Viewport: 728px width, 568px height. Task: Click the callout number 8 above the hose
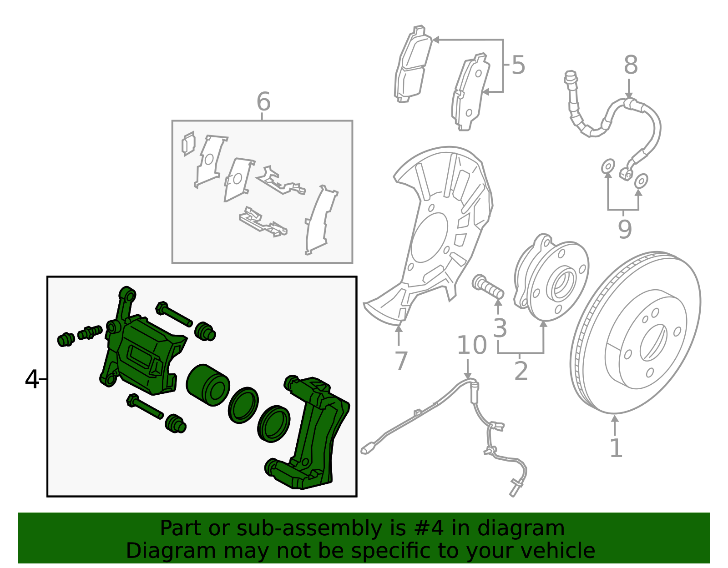pyautogui.click(x=630, y=65)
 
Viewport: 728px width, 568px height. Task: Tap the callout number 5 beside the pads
pyautogui.click(x=518, y=65)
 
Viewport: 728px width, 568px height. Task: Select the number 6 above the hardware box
pyautogui.click(x=263, y=101)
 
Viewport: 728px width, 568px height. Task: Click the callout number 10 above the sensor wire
pyautogui.click(x=471, y=345)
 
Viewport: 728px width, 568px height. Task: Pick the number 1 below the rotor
pyautogui.click(x=616, y=448)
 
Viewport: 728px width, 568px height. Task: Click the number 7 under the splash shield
pyautogui.click(x=400, y=361)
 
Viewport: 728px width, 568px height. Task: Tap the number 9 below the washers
pyautogui.click(x=625, y=229)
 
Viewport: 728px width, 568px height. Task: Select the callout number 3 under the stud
pyautogui.click(x=500, y=328)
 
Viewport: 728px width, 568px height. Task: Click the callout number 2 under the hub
pyautogui.click(x=521, y=371)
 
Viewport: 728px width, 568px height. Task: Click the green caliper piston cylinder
pyautogui.click(x=207, y=384)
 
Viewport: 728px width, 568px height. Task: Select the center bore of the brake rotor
pyautogui.click(x=653, y=342)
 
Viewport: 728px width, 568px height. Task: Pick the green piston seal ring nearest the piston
pyautogui.click(x=243, y=405)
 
